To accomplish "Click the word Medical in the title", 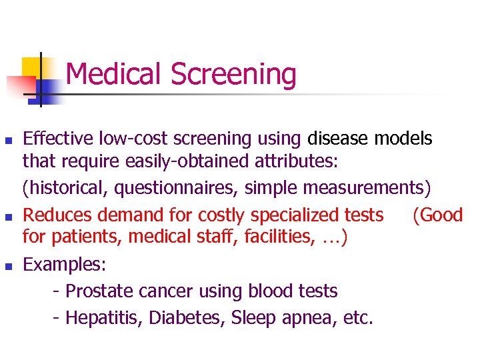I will pyautogui.click(x=115, y=74).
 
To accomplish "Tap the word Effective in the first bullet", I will pyautogui.click(x=58, y=139).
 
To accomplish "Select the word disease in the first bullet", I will pyautogui.click(x=338, y=139).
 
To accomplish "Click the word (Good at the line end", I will pyautogui.click(x=437, y=215).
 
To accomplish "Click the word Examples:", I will pyautogui.click(x=64, y=264).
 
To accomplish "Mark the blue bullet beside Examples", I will pyautogui.click(x=8, y=266).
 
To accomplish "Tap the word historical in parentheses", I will pyautogui.click(x=64, y=189).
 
